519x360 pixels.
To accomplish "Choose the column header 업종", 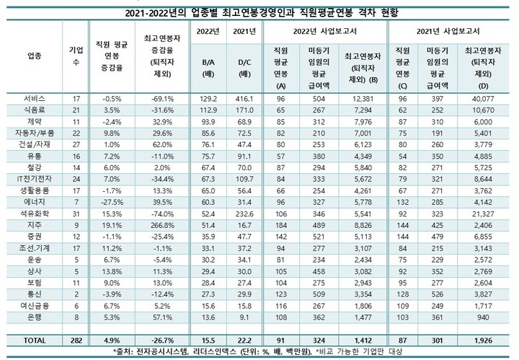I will [33, 56].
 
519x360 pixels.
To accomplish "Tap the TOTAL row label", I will [33, 338].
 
